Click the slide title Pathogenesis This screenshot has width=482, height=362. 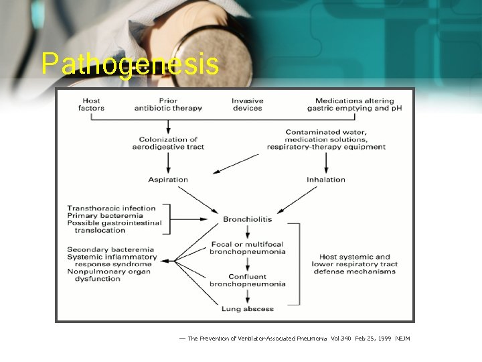pos(129,64)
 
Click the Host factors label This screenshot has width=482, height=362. pos(91,105)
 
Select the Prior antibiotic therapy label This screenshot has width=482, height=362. pos(168,105)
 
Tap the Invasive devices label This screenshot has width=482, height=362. pos(248,105)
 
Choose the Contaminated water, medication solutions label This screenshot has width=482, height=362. pos(326,139)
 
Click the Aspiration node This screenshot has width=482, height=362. pos(168,180)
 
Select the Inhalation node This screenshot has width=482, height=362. pos(326,180)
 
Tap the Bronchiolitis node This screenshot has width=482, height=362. pos(248,219)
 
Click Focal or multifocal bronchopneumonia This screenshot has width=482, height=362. pos(248,248)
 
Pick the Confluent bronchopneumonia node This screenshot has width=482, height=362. pos(248,280)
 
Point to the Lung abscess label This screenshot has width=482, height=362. pos(248,309)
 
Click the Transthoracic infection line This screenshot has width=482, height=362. pos(111,208)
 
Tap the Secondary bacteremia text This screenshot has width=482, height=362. pos(110,250)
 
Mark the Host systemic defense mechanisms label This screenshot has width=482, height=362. pos(355,264)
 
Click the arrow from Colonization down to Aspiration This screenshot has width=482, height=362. pos(168,161)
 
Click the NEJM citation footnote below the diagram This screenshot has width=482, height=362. pos(299,339)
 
